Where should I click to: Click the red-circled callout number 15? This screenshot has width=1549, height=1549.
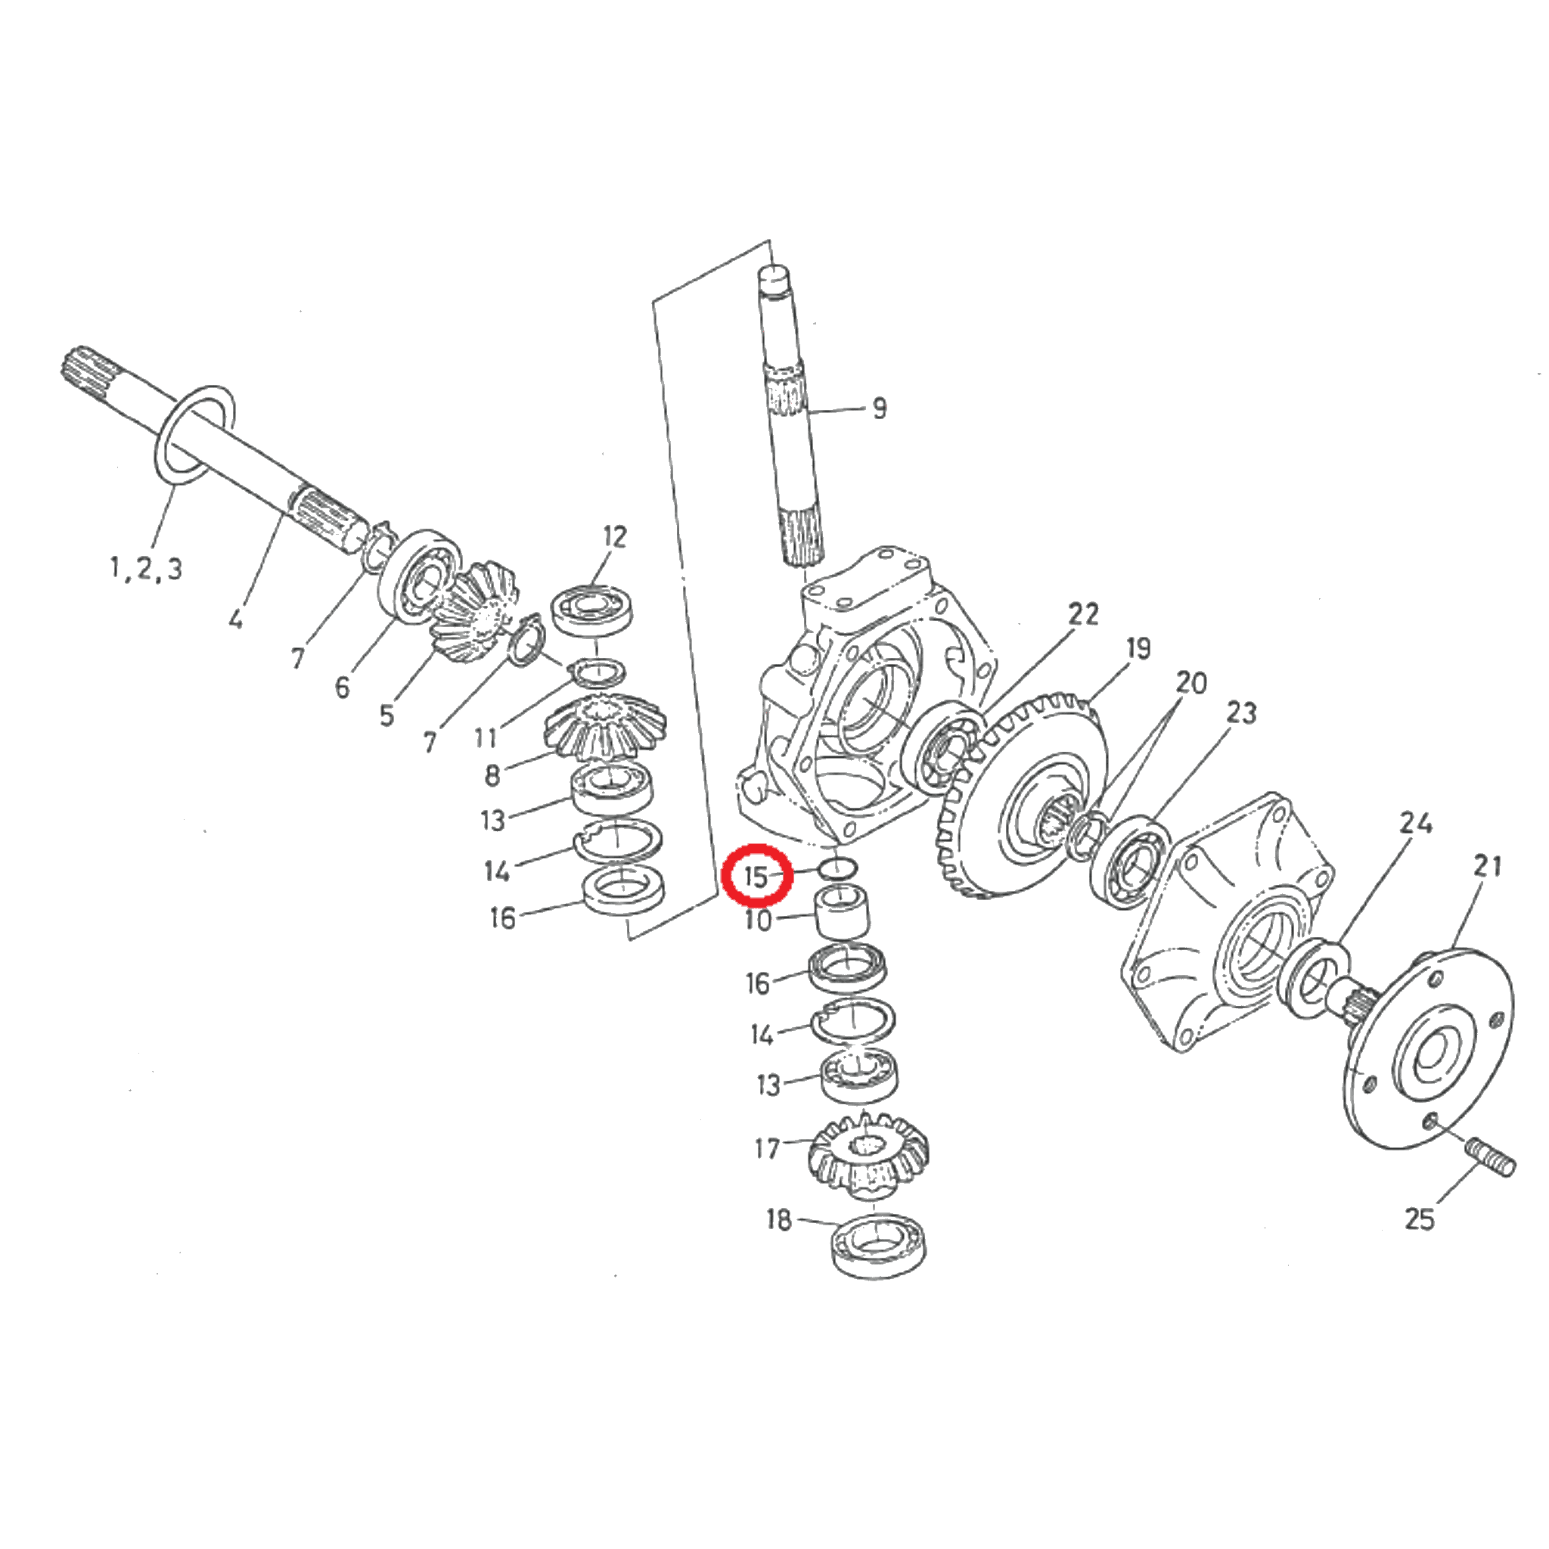click(x=757, y=877)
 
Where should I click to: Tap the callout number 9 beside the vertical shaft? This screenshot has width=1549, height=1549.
click(x=880, y=408)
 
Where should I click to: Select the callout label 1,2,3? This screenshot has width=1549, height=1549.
click(x=146, y=569)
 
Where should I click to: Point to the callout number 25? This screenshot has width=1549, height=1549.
click(x=1419, y=1218)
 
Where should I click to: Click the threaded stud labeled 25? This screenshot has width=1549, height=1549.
click(x=1491, y=1158)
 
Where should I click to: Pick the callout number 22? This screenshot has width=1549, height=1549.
click(x=1083, y=614)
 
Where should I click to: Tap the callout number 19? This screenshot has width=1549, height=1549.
click(x=1138, y=648)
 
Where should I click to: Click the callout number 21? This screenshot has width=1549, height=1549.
click(x=1488, y=866)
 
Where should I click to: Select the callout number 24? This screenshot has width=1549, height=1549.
click(x=1416, y=823)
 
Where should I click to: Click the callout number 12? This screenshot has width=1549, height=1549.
click(x=614, y=536)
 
